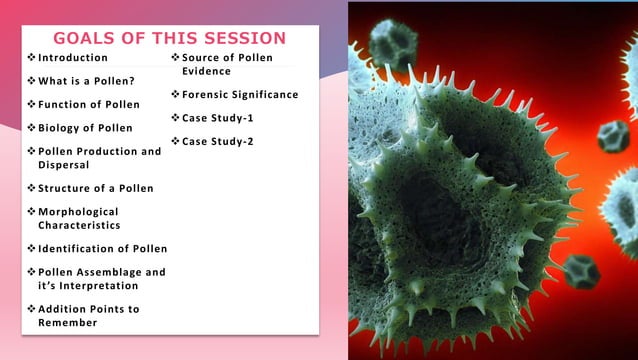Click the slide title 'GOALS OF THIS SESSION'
pyautogui.click(x=169, y=38)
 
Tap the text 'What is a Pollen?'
pyautogui.click(x=87, y=81)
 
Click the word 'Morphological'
pyautogui.click(x=78, y=212)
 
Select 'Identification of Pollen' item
pyautogui.click(x=102, y=248)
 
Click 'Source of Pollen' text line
pyautogui.click(x=227, y=58)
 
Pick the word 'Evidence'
pyautogui.click(x=207, y=71)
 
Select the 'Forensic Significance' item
pyautogui.click(x=240, y=95)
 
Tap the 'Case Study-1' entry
pyautogui.click(x=217, y=118)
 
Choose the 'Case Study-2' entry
pyautogui.click(x=217, y=141)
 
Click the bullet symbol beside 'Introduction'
pyautogui.click(x=31, y=58)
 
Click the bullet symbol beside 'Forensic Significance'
pyautogui.click(x=175, y=95)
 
